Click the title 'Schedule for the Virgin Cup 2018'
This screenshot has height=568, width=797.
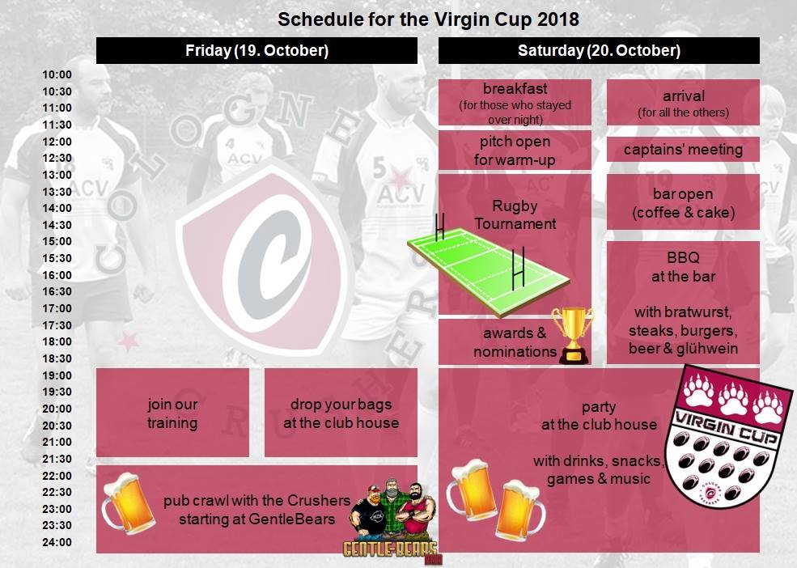click(428, 19)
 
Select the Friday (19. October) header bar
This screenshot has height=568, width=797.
click(256, 50)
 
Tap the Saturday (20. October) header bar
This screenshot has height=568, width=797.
click(599, 50)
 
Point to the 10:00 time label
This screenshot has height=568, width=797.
click(57, 74)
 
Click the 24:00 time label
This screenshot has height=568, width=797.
click(57, 542)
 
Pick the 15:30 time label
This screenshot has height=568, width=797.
click(57, 258)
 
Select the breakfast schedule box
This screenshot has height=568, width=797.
click(515, 102)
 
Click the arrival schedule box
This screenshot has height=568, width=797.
click(683, 102)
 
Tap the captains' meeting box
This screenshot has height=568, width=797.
click(683, 150)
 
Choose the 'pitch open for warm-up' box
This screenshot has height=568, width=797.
click(515, 150)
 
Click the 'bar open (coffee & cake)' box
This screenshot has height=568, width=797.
click(683, 202)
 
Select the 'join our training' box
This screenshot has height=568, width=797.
click(172, 413)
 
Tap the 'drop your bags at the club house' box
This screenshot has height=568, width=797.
click(341, 413)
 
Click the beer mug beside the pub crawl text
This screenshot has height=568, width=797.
click(128, 503)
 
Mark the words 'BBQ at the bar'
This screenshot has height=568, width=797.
click(683, 267)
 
